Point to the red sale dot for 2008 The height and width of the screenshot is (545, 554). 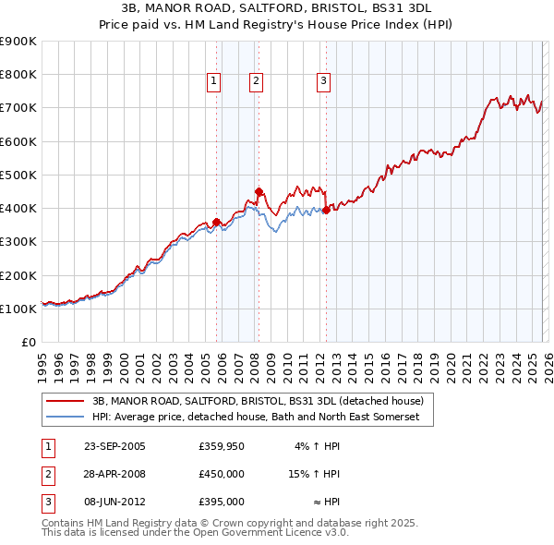tap(259, 192)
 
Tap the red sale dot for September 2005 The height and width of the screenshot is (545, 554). tap(216, 222)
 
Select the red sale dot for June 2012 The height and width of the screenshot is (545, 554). tap(326, 210)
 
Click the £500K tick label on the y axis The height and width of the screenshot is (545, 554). tap(18, 175)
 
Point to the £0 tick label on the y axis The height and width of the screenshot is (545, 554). tap(29, 343)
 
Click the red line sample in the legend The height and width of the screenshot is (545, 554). tap(66, 402)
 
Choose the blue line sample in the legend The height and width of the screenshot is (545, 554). tap(66, 418)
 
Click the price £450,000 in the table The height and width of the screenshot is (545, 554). tap(222, 474)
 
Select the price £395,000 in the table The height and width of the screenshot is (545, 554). tap(222, 502)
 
